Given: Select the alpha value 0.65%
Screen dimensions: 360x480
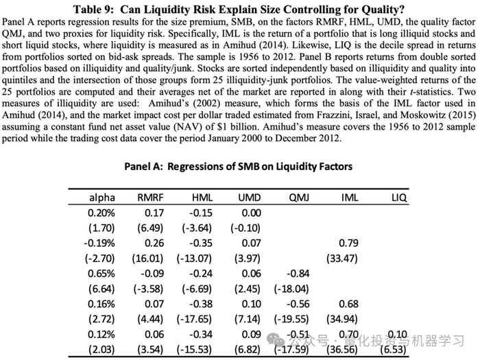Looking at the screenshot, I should (101, 273).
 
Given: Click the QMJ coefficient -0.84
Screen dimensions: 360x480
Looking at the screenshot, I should (300, 273).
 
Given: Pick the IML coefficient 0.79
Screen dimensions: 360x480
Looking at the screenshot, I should (350, 243).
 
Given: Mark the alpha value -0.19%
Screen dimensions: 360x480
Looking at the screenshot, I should (100, 243).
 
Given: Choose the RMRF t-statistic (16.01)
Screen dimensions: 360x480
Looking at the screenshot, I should (149, 258).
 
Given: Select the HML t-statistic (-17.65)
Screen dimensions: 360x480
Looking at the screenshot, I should (196, 318).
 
